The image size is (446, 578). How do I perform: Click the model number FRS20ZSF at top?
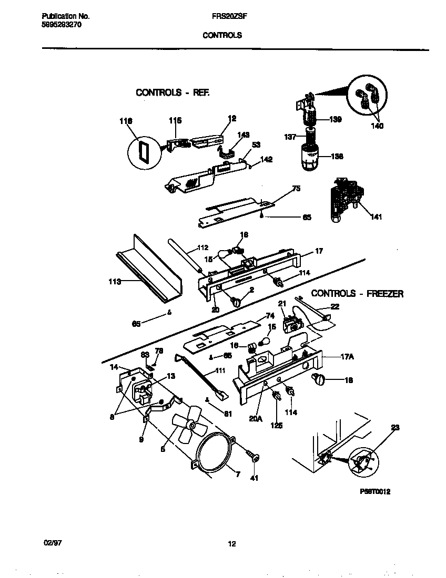[222, 16]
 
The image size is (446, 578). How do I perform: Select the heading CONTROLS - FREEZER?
[357, 294]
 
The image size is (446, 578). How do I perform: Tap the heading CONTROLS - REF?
[173, 92]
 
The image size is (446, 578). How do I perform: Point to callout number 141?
[376, 216]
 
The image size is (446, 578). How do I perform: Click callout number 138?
[337, 156]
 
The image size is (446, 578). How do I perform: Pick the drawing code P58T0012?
[374, 492]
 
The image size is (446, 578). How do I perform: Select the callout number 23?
[395, 428]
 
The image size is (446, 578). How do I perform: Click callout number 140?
[377, 126]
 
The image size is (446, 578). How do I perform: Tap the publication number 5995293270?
[61, 25]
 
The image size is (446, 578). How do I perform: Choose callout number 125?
[277, 425]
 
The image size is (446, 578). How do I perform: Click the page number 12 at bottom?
[231, 544]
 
